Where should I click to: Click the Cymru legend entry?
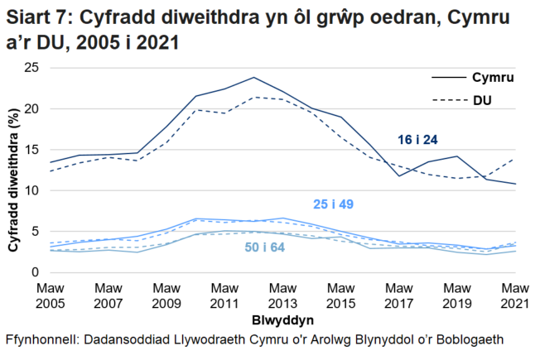(489, 79)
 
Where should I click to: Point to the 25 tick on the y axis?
(33, 68)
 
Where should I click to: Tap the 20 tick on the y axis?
(33, 108)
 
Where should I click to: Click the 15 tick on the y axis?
(33, 150)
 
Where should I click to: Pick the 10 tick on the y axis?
(33, 190)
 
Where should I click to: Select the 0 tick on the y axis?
(36, 272)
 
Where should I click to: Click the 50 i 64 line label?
(263, 247)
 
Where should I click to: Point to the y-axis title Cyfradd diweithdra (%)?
(14, 170)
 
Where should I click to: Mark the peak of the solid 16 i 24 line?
(253, 77)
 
